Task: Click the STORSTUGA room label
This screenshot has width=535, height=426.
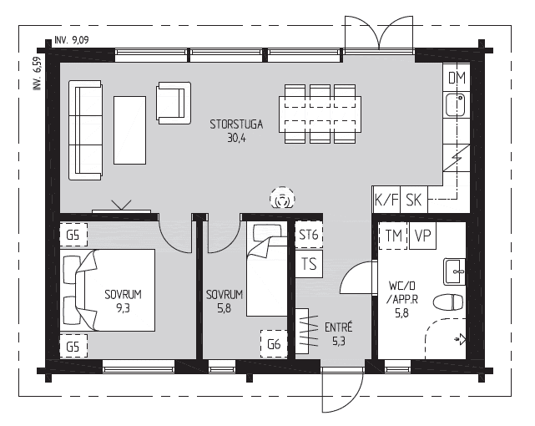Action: click(x=236, y=124)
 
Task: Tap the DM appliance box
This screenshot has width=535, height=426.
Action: click(x=457, y=78)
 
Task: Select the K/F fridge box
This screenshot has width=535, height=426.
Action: click(x=386, y=200)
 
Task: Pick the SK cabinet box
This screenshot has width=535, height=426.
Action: click(x=413, y=200)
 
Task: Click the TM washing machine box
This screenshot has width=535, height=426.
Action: click(x=393, y=236)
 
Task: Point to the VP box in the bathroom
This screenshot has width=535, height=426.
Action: click(x=422, y=236)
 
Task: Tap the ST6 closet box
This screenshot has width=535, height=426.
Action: click(x=309, y=235)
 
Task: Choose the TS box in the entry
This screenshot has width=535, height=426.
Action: click(x=309, y=264)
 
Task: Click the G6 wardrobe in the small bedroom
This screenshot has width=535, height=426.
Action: click(x=274, y=344)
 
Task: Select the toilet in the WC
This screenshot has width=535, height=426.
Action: click(x=448, y=302)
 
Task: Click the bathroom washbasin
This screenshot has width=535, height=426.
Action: click(x=455, y=271)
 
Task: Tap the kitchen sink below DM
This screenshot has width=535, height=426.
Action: click(x=456, y=104)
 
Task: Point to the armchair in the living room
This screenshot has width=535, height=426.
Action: click(x=174, y=103)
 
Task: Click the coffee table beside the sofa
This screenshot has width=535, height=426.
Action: click(x=129, y=130)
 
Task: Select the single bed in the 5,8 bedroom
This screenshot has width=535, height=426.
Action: click(x=267, y=269)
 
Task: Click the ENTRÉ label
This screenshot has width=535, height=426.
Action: click(x=339, y=327)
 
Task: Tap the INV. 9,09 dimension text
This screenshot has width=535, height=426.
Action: click(x=72, y=40)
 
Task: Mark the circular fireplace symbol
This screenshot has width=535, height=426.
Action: click(x=282, y=199)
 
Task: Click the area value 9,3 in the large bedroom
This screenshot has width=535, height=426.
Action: click(x=123, y=308)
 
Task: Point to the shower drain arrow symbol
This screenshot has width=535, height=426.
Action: click(x=460, y=339)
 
